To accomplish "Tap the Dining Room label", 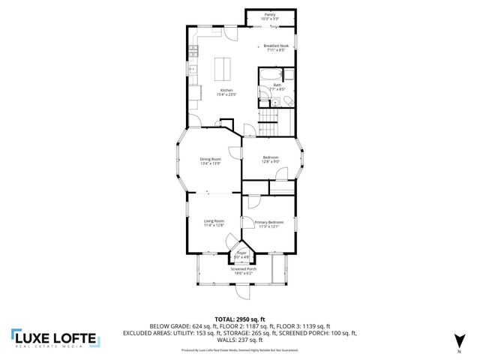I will tap(211, 159).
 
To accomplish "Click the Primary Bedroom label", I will tap(268, 223).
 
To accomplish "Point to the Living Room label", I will tap(214, 222).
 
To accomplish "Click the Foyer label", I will tap(242, 254).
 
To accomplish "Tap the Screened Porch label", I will tap(243, 270).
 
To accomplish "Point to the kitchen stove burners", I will tap(192, 52).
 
